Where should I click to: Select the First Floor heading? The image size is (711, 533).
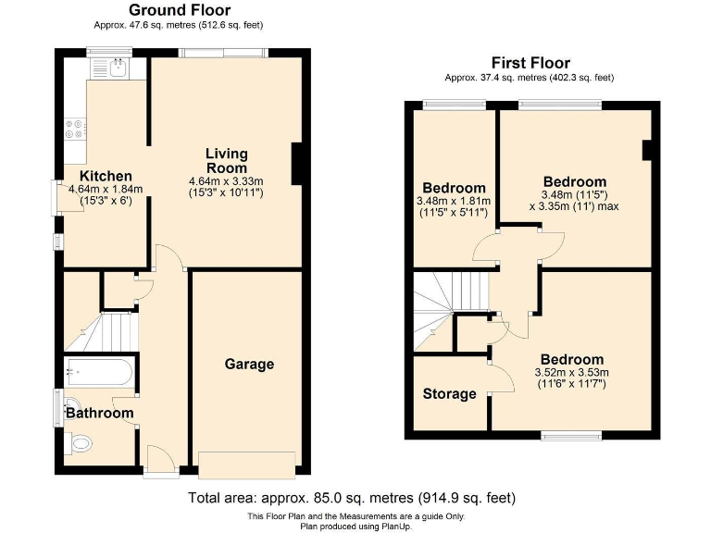(530, 63)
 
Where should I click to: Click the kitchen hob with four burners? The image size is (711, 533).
(74, 130)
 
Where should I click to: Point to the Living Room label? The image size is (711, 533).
(227, 160)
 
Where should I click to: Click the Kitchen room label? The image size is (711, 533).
(106, 176)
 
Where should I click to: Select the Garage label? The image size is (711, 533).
(249, 364)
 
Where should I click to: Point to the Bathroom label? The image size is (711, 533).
(99, 413)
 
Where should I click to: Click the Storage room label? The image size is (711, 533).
(449, 393)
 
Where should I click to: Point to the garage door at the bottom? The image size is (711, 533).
(247, 464)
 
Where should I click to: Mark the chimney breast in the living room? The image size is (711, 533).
(297, 164)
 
